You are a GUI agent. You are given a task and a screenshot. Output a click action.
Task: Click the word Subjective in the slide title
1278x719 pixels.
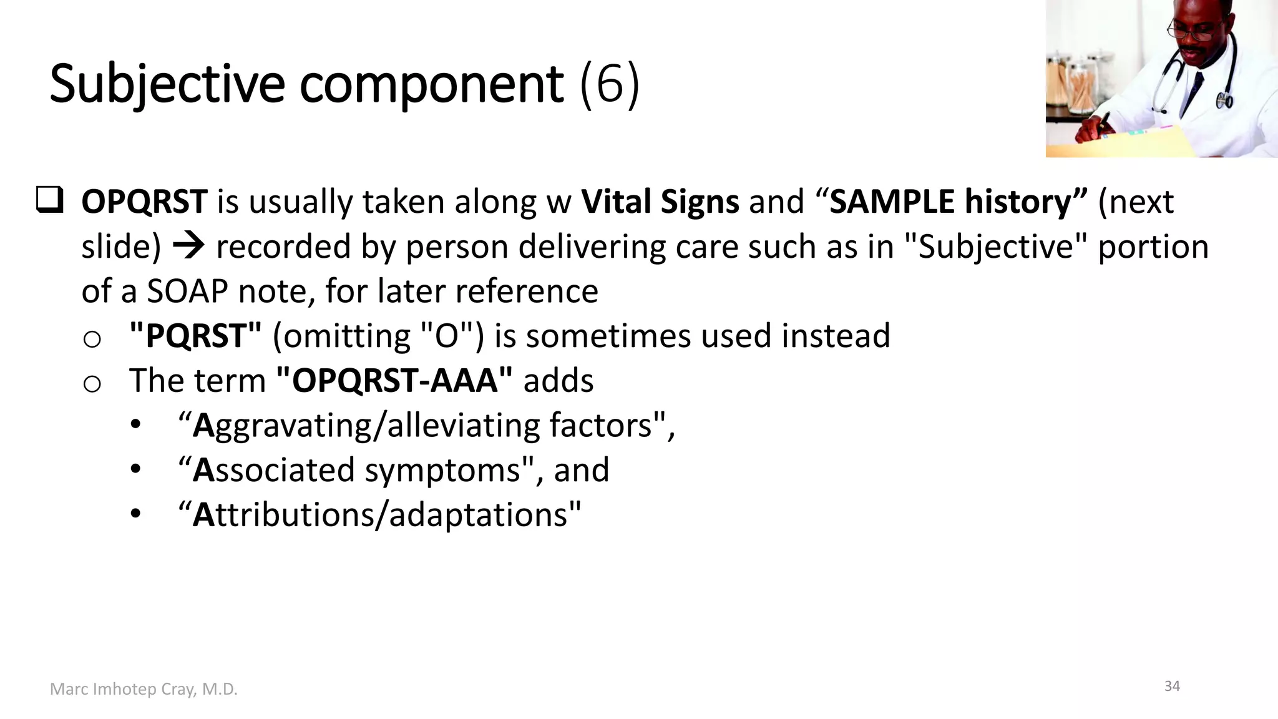(167, 84)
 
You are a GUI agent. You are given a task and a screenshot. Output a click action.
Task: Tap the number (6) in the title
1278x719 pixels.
(609, 84)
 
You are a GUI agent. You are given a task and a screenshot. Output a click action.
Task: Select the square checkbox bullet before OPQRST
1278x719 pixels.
(49, 200)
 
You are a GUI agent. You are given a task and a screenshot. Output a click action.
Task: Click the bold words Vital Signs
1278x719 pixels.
(660, 202)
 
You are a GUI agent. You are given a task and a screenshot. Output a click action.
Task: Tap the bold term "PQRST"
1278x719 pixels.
(195, 336)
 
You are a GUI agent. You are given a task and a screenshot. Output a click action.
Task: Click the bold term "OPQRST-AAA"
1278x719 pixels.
(394, 381)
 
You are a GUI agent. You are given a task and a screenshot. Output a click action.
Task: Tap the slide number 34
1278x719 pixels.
(1172, 686)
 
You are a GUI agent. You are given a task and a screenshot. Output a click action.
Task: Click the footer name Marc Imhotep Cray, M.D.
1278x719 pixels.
(144, 689)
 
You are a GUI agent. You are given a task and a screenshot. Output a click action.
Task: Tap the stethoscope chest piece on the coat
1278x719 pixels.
(1224, 100)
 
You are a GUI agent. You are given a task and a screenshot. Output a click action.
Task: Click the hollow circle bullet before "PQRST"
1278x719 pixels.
(92, 340)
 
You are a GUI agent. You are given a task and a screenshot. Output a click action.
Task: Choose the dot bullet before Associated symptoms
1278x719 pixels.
(136, 469)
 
